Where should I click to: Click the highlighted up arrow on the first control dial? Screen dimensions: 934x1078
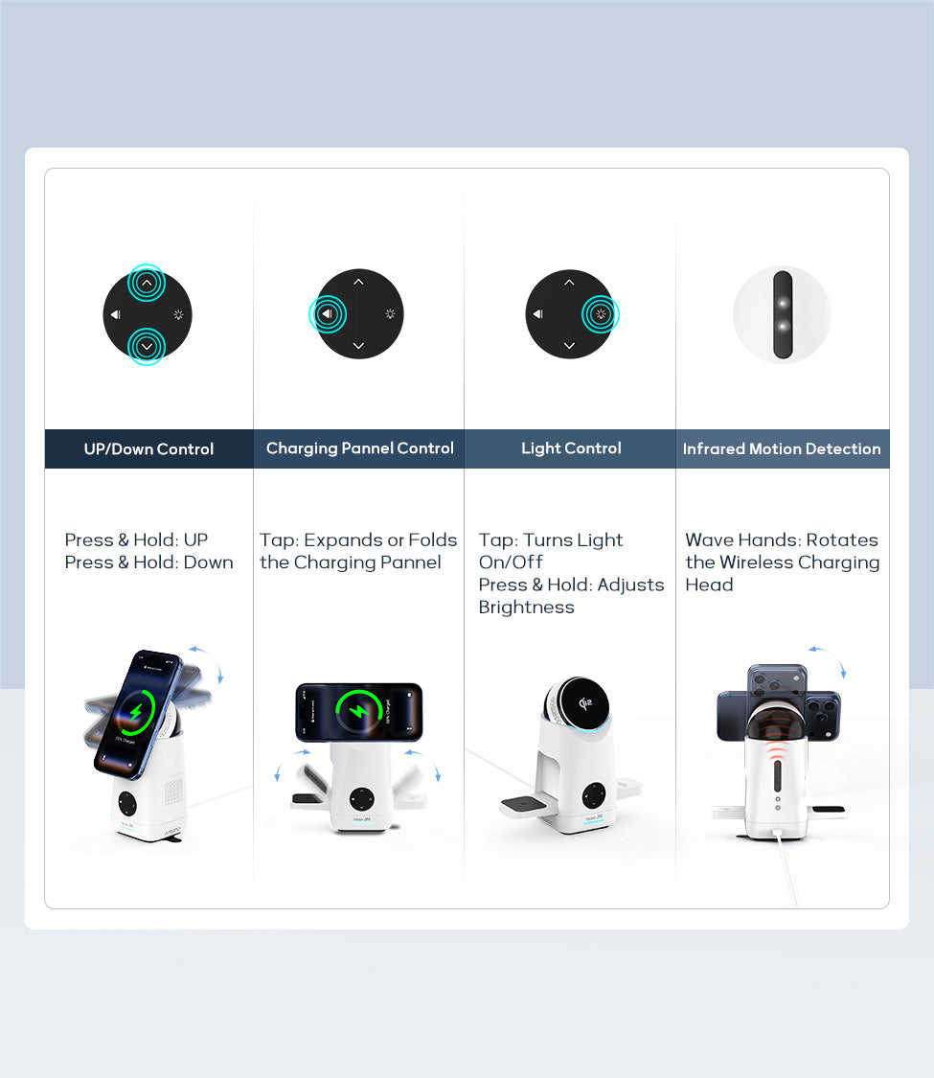147,283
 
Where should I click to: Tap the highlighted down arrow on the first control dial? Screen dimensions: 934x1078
147,347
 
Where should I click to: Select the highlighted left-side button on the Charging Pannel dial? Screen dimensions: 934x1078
328,314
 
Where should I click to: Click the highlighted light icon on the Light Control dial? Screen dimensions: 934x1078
601,314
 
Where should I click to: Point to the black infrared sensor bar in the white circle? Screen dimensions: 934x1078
783,314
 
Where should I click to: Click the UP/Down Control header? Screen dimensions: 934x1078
148,449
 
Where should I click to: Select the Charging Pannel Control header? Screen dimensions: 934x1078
359,448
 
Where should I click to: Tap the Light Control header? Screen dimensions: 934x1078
571,448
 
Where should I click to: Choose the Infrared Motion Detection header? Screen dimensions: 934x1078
782,449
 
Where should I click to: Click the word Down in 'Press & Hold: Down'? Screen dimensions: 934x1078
208,562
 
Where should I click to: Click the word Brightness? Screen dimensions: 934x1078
527,608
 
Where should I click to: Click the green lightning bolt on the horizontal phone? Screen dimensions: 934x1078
359,711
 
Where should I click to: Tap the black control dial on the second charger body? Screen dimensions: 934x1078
361,799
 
